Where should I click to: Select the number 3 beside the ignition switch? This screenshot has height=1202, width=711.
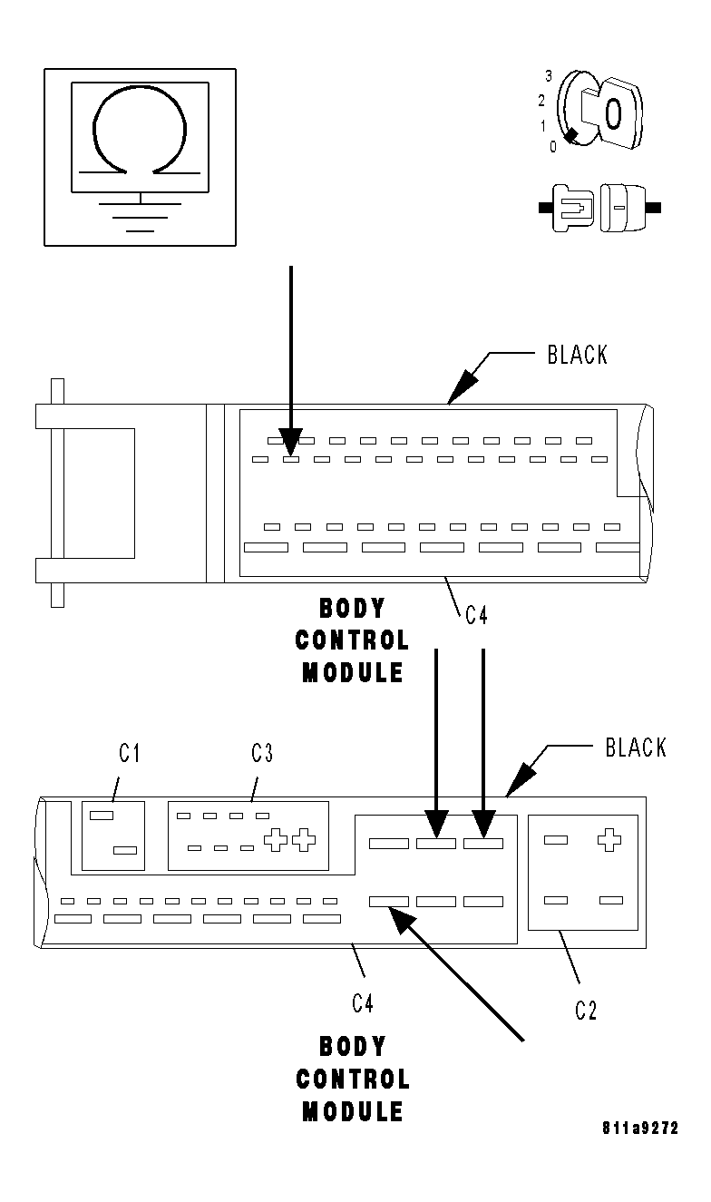(x=549, y=75)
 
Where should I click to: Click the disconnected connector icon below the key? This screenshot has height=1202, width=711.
(x=599, y=208)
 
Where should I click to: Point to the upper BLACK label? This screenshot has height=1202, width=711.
(x=578, y=355)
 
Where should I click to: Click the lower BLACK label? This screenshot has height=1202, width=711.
(x=635, y=748)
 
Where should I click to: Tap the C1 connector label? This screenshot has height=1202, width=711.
(x=131, y=753)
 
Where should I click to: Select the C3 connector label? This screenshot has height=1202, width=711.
(x=262, y=753)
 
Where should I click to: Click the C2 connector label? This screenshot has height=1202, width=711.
(x=587, y=1011)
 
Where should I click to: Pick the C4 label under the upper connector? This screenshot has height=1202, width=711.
(x=477, y=616)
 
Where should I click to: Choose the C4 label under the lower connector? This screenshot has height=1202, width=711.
(x=363, y=1002)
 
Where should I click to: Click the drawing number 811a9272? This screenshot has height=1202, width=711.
(x=640, y=1129)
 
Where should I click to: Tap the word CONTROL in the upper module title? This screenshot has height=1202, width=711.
(x=353, y=640)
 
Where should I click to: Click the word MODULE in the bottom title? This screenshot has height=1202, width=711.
(x=353, y=1111)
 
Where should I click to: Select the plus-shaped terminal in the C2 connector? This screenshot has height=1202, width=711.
(x=609, y=840)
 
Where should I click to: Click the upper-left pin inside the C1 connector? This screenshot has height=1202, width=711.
(x=102, y=816)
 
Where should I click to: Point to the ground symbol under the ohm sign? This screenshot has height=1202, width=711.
(x=140, y=214)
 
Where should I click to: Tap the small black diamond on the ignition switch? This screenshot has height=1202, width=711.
(x=570, y=137)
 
